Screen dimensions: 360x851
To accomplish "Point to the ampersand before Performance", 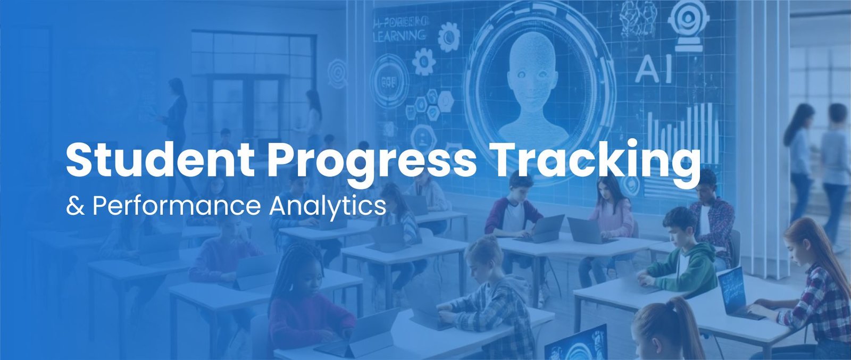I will [x=75, y=206].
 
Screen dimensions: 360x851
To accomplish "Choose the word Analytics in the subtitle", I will [x=328, y=206].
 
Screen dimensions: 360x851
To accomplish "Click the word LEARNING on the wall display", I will [x=399, y=36].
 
